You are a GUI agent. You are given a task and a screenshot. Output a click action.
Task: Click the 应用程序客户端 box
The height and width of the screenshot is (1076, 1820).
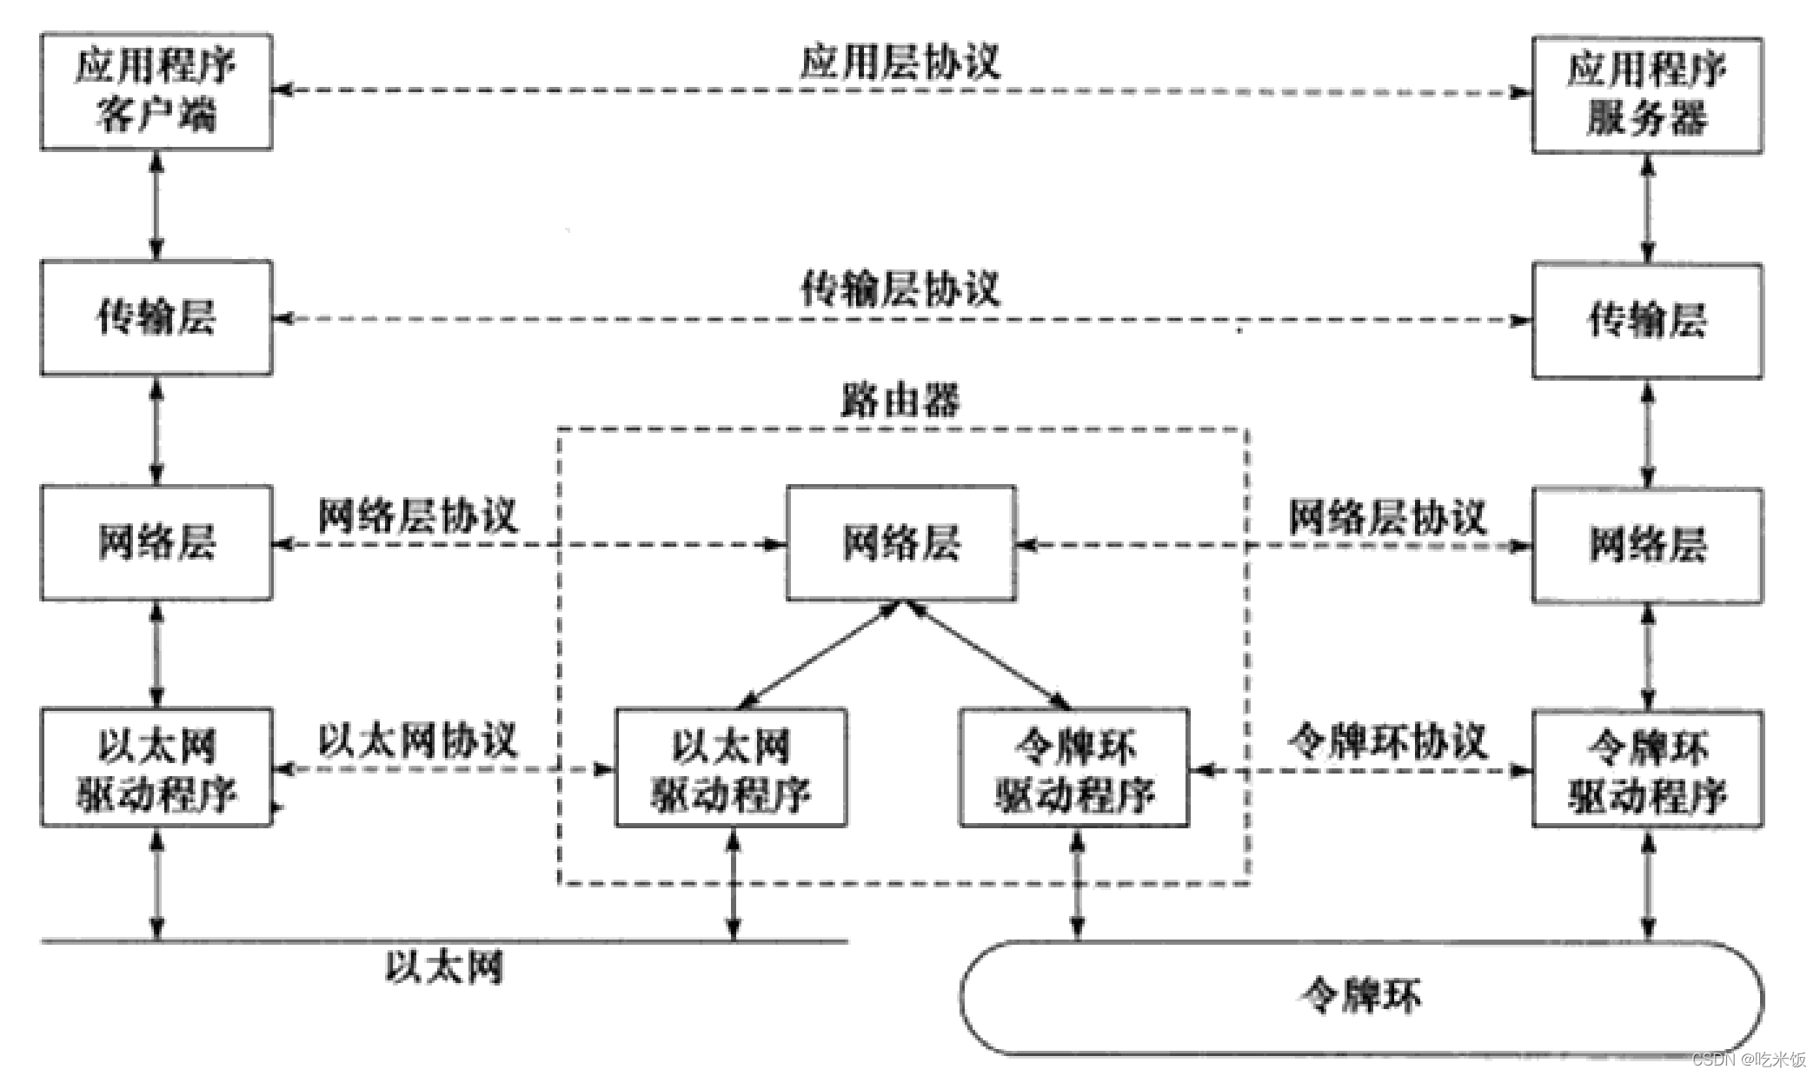tap(156, 91)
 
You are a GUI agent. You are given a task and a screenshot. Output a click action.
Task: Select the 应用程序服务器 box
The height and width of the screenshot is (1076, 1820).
tap(1646, 95)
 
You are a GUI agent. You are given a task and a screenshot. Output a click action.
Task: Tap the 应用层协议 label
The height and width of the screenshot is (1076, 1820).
tap(900, 62)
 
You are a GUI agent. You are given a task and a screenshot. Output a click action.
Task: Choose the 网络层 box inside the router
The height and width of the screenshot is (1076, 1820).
tap(901, 543)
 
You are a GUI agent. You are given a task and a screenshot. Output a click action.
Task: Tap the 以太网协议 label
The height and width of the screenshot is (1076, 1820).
tap(417, 741)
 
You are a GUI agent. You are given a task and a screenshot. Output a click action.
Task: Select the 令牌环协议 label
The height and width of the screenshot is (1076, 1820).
tap(1387, 741)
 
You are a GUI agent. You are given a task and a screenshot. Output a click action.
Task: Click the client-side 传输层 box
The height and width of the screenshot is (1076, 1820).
tap(156, 317)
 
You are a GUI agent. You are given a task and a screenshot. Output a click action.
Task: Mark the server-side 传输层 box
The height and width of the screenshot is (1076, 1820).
tap(1646, 321)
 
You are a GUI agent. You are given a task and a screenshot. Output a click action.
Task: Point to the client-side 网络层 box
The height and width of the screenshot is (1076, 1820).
tap(156, 542)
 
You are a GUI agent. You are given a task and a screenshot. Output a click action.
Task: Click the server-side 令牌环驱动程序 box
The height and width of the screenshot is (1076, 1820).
tap(1646, 770)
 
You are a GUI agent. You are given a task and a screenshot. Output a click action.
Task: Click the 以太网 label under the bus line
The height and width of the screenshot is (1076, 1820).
tap(444, 966)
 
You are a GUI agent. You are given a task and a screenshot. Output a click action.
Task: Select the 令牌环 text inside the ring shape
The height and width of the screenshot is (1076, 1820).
tap(1360, 996)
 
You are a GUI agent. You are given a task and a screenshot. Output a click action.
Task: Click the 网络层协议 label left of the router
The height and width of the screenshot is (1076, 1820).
tap(417, 515)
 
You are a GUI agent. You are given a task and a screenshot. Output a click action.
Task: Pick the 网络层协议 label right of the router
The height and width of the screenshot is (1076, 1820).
tap(1387, 517)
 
